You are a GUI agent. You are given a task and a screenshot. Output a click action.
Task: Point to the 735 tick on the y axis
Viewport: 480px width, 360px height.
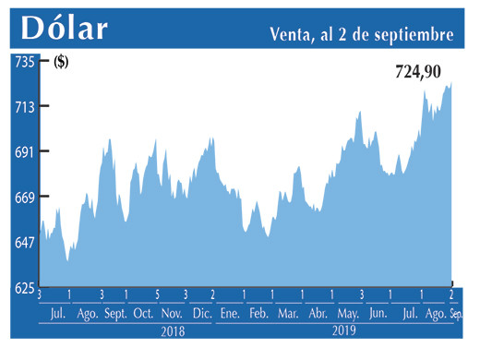point(23,62)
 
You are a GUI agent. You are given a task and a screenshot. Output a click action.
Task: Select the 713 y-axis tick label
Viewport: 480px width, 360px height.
point(23,107)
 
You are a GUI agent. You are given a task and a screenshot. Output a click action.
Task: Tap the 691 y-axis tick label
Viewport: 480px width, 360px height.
point(23,152)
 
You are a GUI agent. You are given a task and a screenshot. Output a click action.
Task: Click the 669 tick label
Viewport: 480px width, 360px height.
point(23,198)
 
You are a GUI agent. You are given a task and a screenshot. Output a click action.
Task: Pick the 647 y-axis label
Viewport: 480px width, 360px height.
point(23,243)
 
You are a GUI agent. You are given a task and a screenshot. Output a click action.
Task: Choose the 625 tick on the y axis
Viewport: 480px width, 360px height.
point(23,288)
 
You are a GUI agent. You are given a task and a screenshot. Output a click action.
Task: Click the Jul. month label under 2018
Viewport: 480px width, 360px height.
point(57,315)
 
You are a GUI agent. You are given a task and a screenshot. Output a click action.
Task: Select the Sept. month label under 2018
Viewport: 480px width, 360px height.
point(115,315)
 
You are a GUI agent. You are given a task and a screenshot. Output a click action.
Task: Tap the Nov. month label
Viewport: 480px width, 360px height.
point(173,315)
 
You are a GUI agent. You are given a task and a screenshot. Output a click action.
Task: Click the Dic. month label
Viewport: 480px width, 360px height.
point(202,315)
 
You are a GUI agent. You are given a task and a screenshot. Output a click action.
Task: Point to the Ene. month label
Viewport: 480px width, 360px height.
point(230,315)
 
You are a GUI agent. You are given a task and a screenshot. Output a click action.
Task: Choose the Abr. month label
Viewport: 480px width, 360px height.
point(318,315)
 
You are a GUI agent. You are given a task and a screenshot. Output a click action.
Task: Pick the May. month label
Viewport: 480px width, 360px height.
point(348,315)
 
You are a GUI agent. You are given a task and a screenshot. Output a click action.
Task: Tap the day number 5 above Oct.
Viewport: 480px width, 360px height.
point(157,295)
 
